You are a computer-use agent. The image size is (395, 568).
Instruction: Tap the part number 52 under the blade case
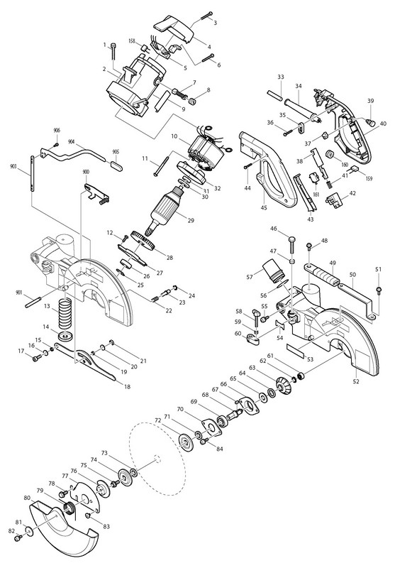tap(355, 382)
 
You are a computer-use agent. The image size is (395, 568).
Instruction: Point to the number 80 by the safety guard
tap(27, 498)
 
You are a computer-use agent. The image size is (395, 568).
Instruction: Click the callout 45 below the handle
tap(264, 207)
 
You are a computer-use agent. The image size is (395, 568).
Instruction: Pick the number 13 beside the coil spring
tap(47, 306)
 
